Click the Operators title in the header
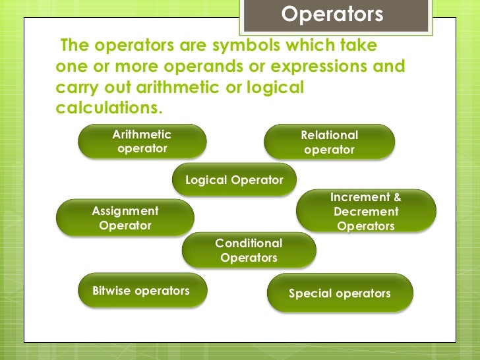(x=332, y=15)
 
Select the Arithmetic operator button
(x=142, y=142)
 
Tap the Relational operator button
(x=329, y=142)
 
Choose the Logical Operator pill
(x=234, y=180)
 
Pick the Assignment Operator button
(x=125, y=218)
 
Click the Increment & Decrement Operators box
(x=366, y=212)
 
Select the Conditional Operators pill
(x=249, y=251)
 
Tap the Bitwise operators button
(x=142, y=291)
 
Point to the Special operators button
(x=340, y=293)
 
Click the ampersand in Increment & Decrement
(x=396, y=197)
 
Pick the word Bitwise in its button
(x=113, y=291)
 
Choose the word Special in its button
(x=310, y=293)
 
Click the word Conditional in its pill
(x=249, y=243)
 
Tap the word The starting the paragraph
(x=74, y=46)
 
